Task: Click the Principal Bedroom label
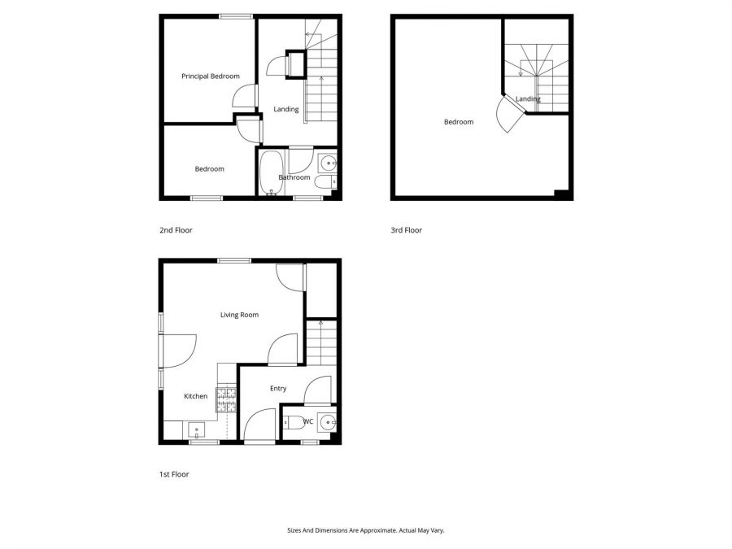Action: (210, 76)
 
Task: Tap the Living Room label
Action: (239, 315)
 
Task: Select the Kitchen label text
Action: (195, 396)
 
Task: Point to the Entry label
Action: (278, 389)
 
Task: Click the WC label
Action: (308, 421)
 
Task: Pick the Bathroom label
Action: (294, 177)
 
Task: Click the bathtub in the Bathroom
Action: (271, 172)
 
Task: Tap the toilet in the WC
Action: (291, 422)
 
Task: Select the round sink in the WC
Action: (327, 422)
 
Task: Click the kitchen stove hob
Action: (226, 398)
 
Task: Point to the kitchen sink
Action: (196, 429)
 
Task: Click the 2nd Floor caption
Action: (176, 230)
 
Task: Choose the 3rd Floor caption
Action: (406, 230)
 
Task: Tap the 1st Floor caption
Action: (174, 474)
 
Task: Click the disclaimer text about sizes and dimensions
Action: (365, 530)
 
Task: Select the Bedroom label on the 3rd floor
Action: (458, 122)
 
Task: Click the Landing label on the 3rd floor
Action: (529, 99)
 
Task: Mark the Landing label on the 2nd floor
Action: (286, 110)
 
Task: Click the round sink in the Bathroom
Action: (326, 160)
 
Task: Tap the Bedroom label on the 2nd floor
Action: (209, 169)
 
